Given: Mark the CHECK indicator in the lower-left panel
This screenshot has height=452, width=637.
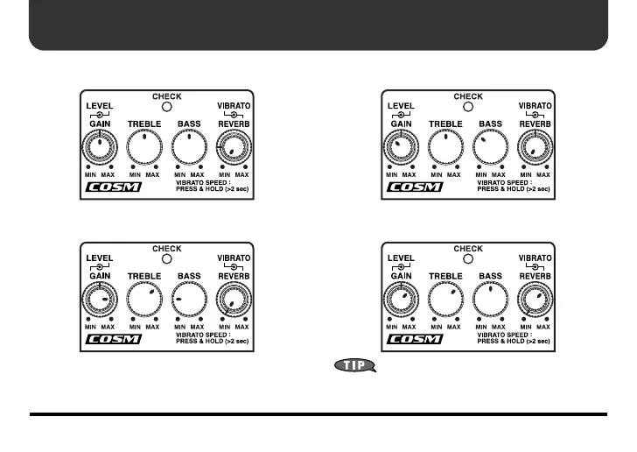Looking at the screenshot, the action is (x=166, y=259).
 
